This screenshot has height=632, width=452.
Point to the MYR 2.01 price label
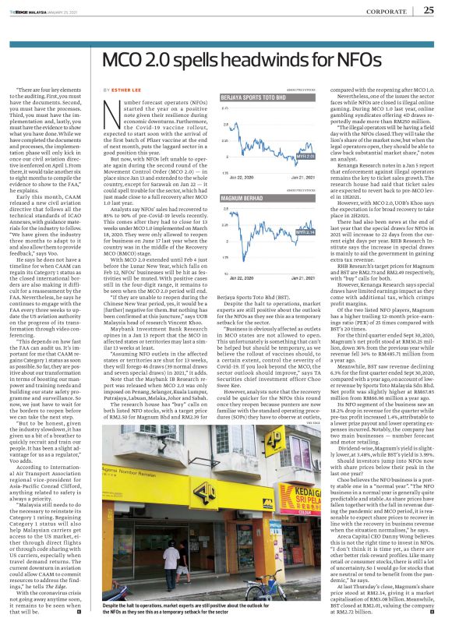tap(306, 157)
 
